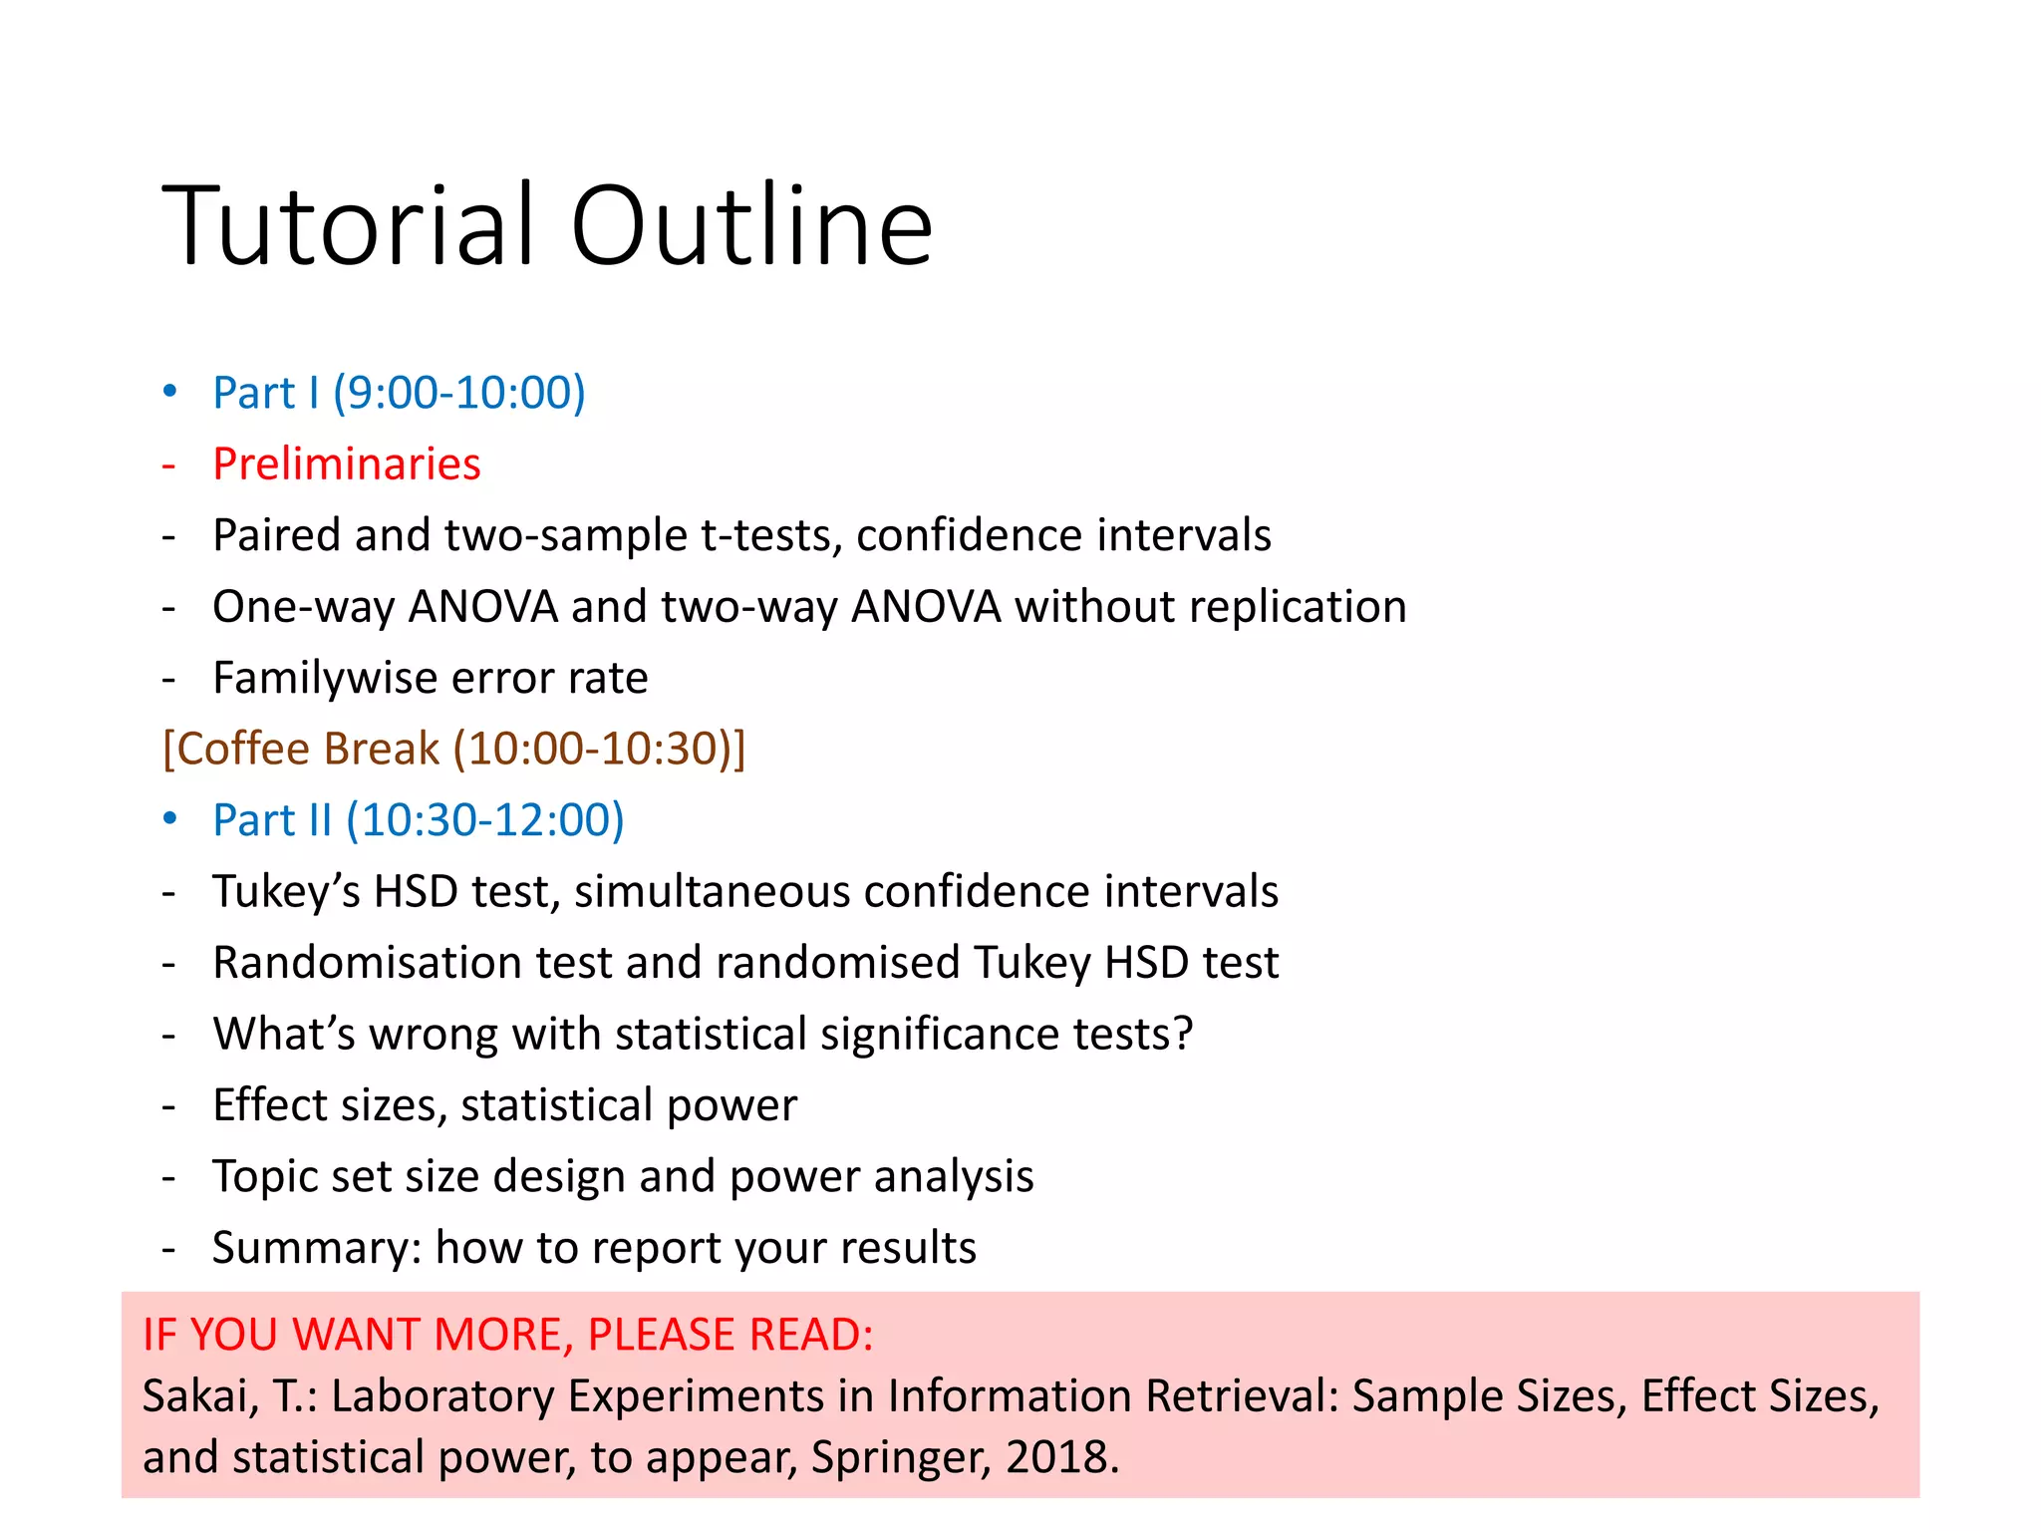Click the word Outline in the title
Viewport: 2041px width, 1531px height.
pos(751,226)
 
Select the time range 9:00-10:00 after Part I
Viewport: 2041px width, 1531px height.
pos(458,393)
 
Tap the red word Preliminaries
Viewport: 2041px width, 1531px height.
pos(347,464)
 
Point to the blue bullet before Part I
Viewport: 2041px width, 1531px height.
pos(170,391)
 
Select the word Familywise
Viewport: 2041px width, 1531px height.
pos(325,679)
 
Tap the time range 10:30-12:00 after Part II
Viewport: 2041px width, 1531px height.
pos(485,820)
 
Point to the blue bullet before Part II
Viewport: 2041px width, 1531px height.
pos(170,818)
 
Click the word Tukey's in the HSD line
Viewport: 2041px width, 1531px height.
pos(287,892)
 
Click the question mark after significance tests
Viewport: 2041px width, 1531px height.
pos(1183,1034)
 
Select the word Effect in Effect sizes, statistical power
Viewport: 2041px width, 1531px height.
pos(269,1105)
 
